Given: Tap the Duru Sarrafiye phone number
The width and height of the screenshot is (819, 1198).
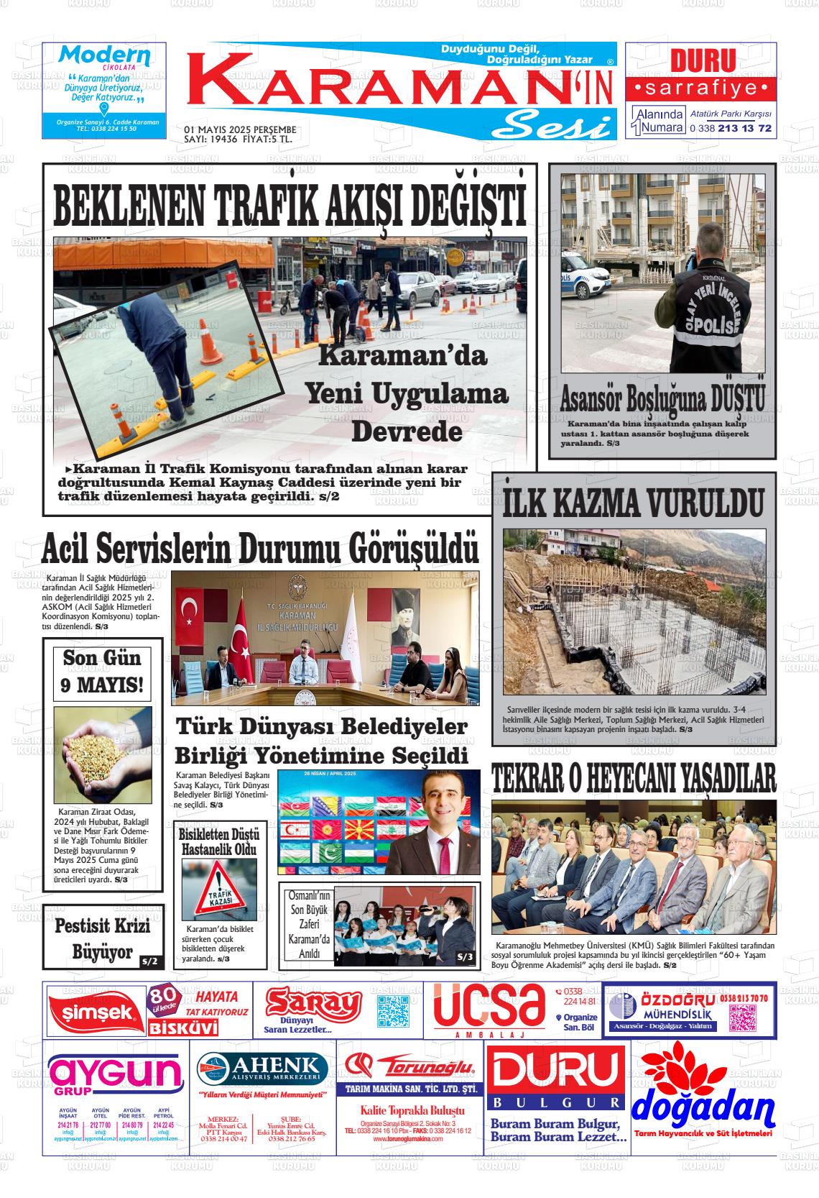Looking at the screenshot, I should click(x=731, y=128).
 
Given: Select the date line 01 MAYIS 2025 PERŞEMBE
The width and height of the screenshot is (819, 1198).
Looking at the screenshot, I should click(x=241, y=129).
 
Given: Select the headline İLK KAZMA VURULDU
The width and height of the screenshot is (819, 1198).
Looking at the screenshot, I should click(x=633, y=503).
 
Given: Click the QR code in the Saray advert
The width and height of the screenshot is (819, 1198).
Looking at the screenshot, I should click(x=392, y=1012).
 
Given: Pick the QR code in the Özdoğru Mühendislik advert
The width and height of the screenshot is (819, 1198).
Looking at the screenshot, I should click(x=748, y=1018).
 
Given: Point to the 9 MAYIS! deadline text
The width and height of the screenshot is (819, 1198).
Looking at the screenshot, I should click(x=101, y=684).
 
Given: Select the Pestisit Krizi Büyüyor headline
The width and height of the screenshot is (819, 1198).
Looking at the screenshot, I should click(x=101, y=938).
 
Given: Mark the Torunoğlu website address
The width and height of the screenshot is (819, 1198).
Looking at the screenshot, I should click(x=408, y=1138).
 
